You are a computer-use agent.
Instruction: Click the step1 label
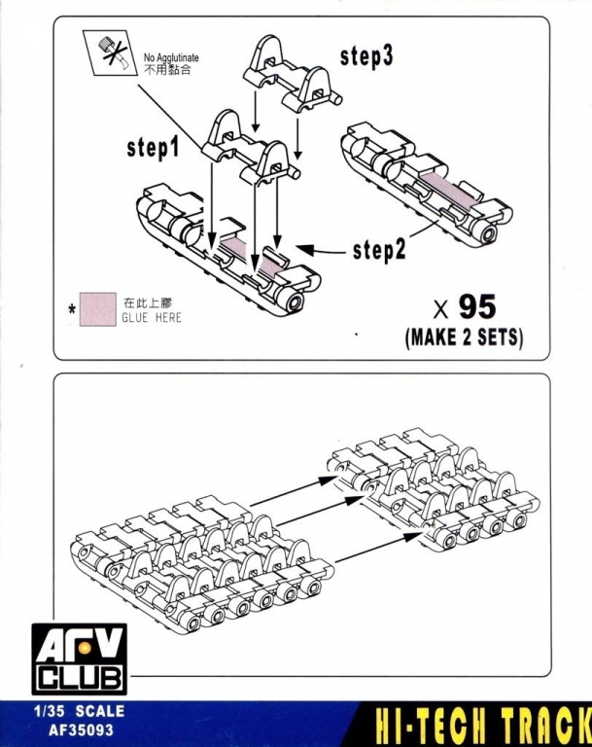(x=153, y=148)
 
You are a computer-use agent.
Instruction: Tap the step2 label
(x=379, y=250)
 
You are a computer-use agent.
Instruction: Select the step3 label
(x=366, y=56)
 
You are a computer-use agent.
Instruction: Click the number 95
(x=477, y=306)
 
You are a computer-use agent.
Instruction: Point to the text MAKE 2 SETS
(x=464, y=338)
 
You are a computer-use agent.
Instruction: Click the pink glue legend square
(x=98, y=309)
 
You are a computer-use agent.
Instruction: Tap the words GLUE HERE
(x=152, y=318)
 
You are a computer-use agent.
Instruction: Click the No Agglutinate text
(x=171, y=57)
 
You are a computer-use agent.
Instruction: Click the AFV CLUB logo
(x=80, y=658)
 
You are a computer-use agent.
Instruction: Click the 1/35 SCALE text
(x=79, y=711)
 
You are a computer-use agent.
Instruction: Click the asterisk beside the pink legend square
(x=72, y=310)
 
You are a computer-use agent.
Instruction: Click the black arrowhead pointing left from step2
(x=305, y=249)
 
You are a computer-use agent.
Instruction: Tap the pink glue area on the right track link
(x=449, y=189)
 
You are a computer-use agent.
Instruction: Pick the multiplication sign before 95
(x=441, y=309)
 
